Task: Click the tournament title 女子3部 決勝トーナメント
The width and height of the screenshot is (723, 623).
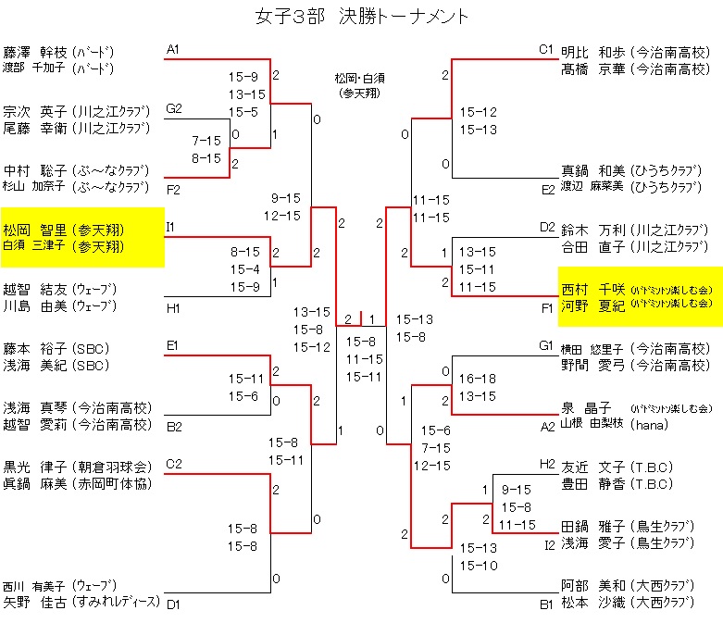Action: click(361, 18)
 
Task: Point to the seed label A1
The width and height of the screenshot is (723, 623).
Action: click(174, 49)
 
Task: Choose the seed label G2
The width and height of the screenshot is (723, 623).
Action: click(174, 109)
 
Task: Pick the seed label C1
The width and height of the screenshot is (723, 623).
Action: click(547, 49)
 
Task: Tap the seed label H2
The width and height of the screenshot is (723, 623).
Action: click(547, 463)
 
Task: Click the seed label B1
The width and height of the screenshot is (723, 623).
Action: click(547, 604)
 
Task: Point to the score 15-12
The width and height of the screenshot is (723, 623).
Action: click(478, 112)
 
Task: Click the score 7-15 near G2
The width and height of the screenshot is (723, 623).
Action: click(206, 141)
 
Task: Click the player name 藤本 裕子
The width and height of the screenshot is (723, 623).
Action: click(33, 349)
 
